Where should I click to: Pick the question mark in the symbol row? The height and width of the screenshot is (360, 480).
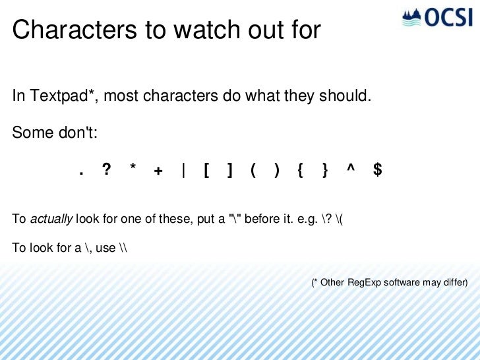pos(106,170)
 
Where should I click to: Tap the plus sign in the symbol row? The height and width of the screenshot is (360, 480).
pos(158,171)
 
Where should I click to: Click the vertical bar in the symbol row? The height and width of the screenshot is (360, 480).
pos(183,171)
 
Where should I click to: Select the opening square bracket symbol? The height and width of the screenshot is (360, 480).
pos(206,171)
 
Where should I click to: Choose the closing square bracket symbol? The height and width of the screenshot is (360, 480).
pos(229,171)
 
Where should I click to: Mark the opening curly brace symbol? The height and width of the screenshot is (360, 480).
pos(300,171)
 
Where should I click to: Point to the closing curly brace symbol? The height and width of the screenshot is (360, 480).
pos(324,171)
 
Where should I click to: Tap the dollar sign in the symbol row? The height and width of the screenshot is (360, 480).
pos(376,170)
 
